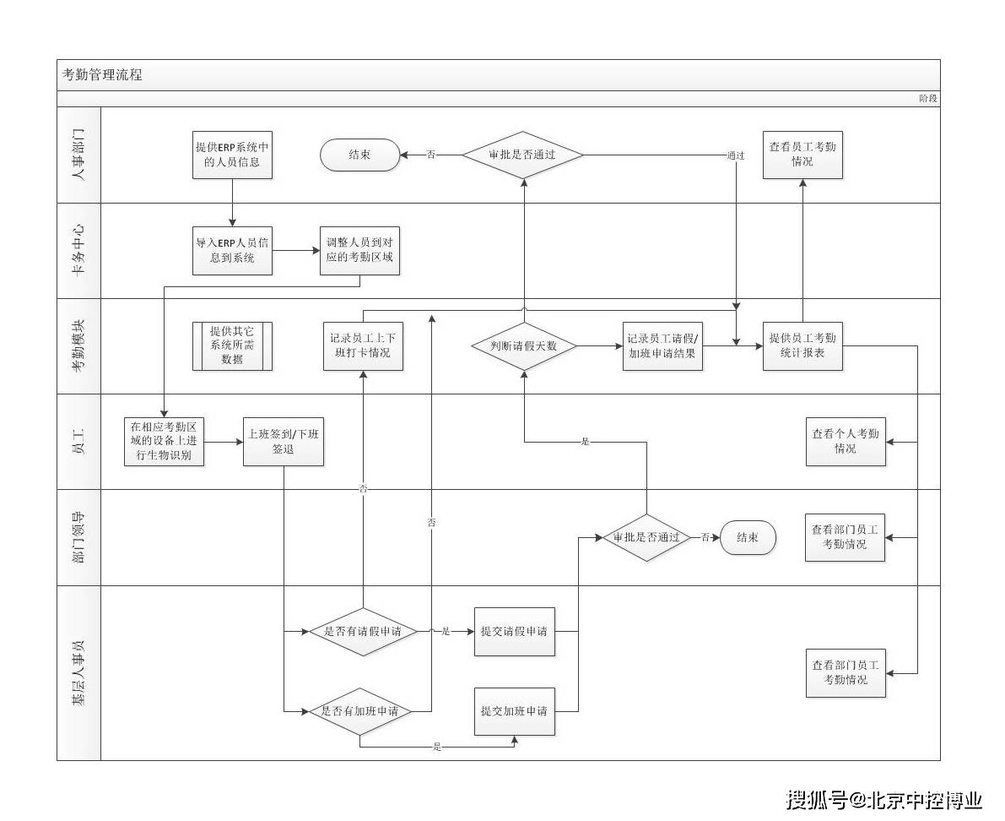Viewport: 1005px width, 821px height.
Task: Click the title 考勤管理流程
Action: click(102, 75)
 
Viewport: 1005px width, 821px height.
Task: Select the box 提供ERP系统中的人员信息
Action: click(232, 155)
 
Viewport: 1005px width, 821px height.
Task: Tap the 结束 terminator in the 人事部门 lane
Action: click(359, 155)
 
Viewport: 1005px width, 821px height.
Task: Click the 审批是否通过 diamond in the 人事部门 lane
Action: click(522, 155)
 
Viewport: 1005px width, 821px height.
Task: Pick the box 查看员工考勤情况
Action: click(802, 155)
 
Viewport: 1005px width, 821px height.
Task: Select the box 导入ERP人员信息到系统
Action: click(232, 251)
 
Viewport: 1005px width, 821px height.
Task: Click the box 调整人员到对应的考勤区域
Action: click(359, 251)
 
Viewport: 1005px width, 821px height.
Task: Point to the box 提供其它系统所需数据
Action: click(232, 346)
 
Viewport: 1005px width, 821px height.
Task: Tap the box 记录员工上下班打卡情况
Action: click(363, 346)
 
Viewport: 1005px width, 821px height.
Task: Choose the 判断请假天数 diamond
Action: click(523, 346)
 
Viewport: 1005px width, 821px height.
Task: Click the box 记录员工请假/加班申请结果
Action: click(662, 346)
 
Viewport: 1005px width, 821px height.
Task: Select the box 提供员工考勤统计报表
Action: click(802, 346)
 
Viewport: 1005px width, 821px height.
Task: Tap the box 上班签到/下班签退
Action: click(284, 442)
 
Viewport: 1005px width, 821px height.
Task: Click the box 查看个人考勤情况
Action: click(846, 442)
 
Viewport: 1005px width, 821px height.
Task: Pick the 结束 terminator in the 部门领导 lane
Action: click(748, 537)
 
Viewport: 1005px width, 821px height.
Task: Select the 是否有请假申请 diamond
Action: click(363, 631)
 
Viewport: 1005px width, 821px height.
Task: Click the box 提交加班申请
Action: click(514, 711)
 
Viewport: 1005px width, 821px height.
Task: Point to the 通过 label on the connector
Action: click(736, 155)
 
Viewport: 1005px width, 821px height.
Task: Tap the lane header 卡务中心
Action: click(78, 251)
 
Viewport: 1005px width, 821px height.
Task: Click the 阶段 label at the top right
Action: click(927, 99)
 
